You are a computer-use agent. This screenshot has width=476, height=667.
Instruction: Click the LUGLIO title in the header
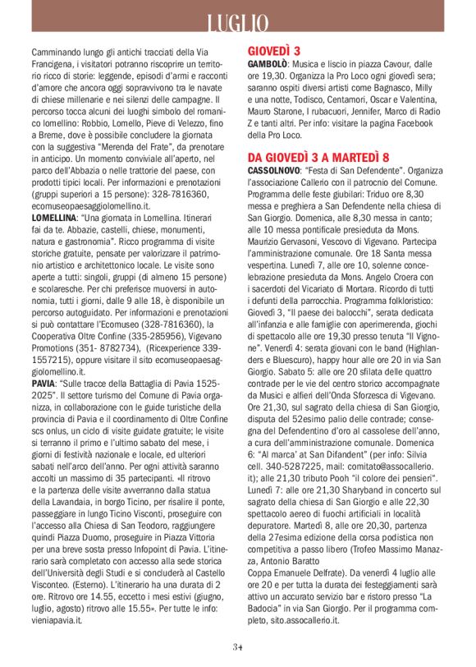(x=237, y=22)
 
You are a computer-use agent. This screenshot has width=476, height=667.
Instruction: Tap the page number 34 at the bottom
(x=237, y=646)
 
